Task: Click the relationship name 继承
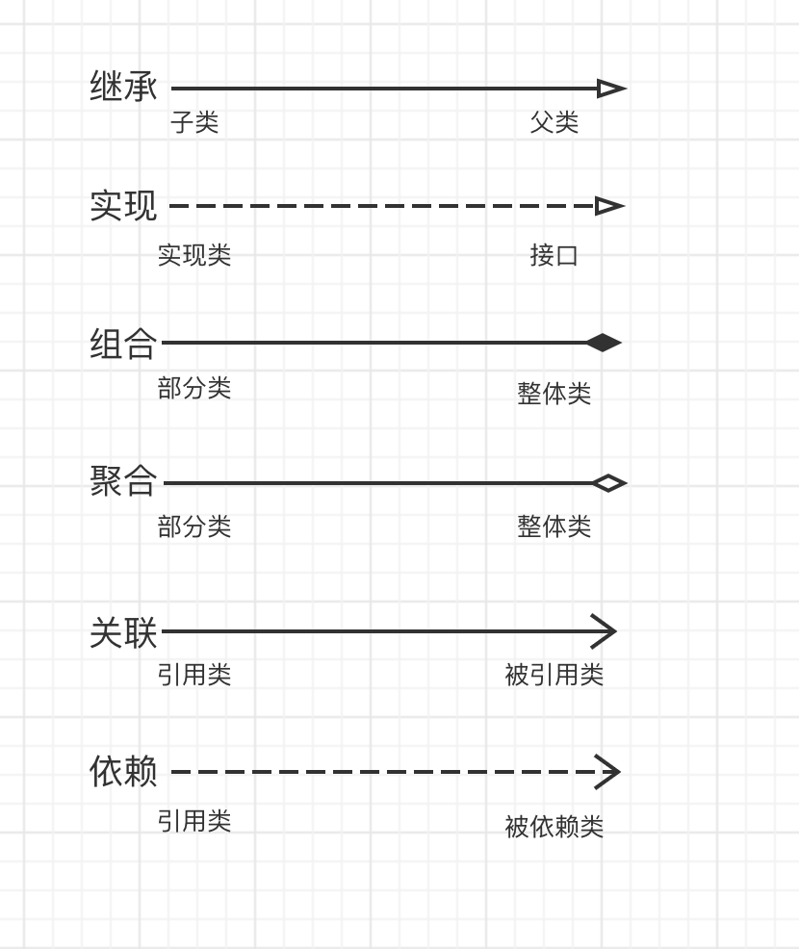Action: tap(123, 87)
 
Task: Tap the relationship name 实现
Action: tap(123, 205)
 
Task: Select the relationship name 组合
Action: tap(123, 343)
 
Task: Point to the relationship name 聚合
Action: tap(123, 481)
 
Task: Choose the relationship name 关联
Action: tap(123, 632)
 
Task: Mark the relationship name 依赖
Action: tap(123, 771)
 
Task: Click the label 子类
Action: tap(194, 122)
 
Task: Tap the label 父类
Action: tap(554, 122)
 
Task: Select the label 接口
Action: tap(554, 255)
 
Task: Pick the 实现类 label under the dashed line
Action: tap(194, 255)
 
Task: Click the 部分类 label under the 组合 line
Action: tap(194, 388)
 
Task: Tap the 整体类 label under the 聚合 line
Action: tap(554, 526)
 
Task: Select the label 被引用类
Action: tap(554, 675)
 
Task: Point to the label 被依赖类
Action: tap(554, 827)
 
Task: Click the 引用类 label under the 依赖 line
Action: tap(194, 821)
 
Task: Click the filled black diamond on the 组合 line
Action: tap(604, 343)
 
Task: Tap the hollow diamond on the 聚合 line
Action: tap(608, 483)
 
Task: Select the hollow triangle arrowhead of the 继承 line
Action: tap(610, 89)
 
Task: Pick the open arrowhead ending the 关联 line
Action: tap(605, 632)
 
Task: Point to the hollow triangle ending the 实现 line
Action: tap(609, 206)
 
